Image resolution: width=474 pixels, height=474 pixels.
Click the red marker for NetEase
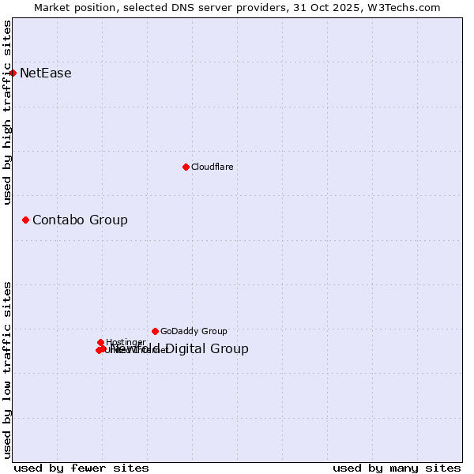pos(13,73)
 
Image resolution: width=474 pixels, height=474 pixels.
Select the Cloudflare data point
pos(186,167)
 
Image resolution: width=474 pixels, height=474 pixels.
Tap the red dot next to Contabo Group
pos(25,220)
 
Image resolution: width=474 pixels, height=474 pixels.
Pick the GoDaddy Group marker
pos(155,331)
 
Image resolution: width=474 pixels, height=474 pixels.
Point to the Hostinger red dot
pos(100,342)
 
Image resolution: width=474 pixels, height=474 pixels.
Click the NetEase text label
pos(45,73)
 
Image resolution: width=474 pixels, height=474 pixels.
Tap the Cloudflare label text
pos(212,167)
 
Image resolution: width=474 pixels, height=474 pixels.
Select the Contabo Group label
pos(80,220)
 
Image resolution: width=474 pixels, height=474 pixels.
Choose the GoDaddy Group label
pos(194,331)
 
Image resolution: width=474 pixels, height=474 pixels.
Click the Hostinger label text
pos(126,342)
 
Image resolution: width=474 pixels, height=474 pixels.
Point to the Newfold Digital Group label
pos(180,349)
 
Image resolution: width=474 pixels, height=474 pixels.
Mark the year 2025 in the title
pos(350,7)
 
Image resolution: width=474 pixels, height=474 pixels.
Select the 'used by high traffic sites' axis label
pos(7,112)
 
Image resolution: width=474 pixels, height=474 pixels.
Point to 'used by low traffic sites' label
pos(7,370)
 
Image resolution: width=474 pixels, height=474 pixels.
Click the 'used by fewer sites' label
pos(81,468)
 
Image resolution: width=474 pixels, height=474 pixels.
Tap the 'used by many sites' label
pos(397,468)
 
